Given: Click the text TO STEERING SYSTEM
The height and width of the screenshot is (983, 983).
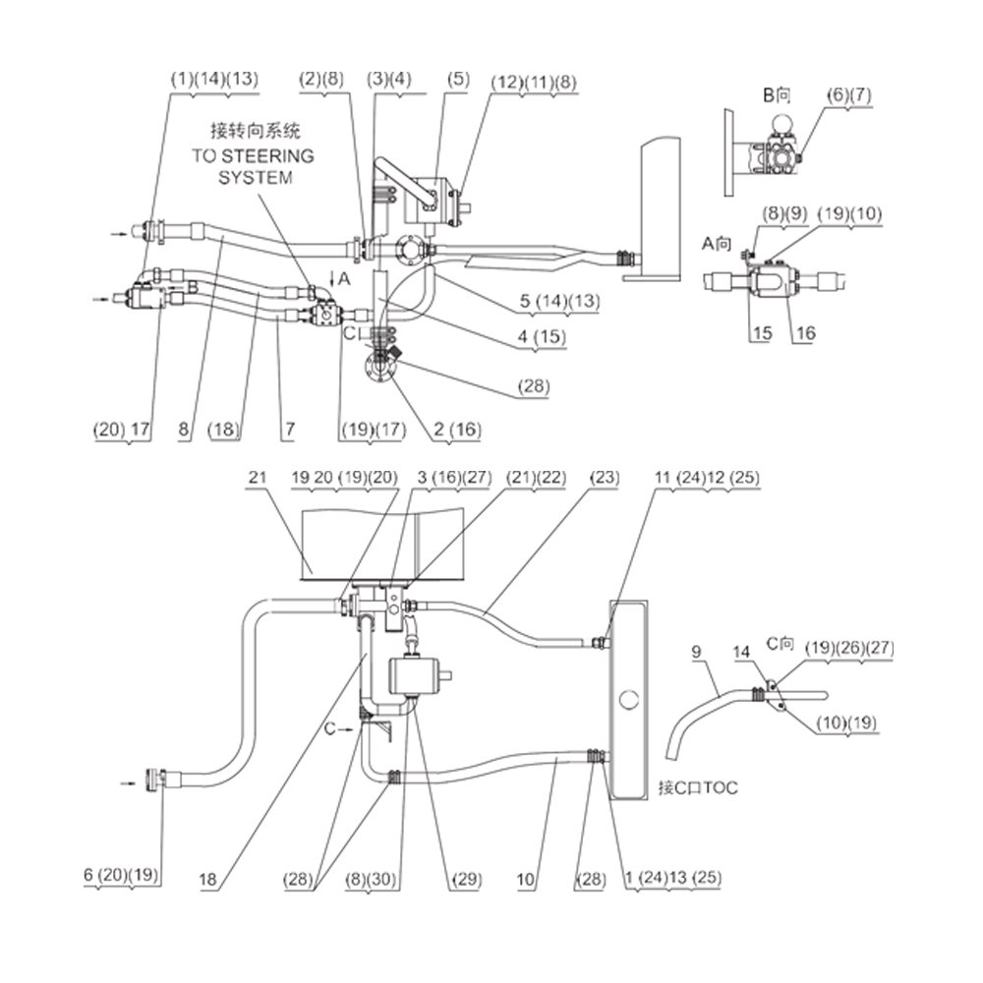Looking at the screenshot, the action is (254, 166).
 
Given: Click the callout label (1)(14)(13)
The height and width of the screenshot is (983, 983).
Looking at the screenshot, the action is (214, 80).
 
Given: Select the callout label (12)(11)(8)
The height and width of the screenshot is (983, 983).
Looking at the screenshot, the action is (534, 83).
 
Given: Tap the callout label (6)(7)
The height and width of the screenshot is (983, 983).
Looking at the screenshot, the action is (849, 95).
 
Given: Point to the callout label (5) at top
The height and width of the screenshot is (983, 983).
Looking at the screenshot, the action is (458, 80).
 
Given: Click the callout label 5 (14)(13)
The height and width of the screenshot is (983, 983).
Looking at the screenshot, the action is (560, 301).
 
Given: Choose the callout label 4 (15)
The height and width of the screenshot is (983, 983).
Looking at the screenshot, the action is (542, 336).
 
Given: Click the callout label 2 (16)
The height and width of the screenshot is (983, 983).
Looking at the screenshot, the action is (458, 430).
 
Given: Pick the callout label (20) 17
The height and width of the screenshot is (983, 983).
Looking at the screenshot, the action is (122, 430).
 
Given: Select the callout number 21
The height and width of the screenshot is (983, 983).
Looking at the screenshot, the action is (257, 477).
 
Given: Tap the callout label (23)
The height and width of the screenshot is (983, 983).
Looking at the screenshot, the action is (605, 478).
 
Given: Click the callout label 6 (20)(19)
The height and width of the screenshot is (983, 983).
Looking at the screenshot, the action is (121, 875).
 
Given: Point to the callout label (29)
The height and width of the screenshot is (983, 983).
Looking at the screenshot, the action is (467, 880).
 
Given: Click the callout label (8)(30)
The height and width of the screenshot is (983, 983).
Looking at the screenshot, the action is (372, 880).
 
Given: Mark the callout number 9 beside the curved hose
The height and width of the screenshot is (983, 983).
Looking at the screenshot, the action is (696, 652).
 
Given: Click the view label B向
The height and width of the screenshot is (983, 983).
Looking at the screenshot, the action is (777, 95).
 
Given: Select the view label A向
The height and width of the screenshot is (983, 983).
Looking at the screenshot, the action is (717, 243).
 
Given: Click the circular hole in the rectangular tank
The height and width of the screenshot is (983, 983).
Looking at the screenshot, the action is (628, 699).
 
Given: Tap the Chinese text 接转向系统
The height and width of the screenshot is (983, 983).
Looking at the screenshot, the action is (256, 131).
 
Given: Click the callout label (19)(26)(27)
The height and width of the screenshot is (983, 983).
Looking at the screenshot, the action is (849, 648).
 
